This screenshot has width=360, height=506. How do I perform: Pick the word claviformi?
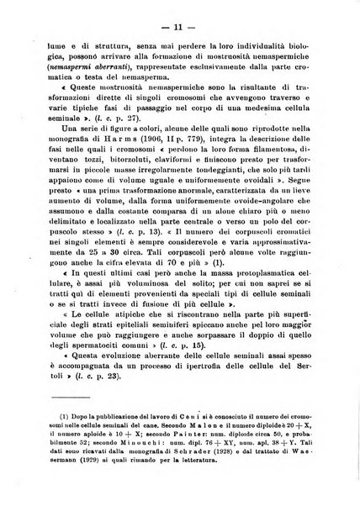tap(170, 171)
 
